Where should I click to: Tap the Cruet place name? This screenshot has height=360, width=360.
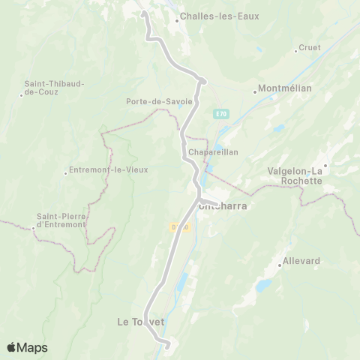[x=310, y=47]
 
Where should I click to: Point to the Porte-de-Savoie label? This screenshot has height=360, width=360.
[x=159, y=101]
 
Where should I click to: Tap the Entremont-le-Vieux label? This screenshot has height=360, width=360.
[x=109, y=169]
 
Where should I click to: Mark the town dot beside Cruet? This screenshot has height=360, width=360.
[x=296, y=50]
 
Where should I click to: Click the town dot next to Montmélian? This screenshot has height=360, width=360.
[x=255, y=92]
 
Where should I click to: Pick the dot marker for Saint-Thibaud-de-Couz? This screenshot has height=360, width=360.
[x=21, y=94]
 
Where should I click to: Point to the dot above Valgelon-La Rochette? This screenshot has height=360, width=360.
[x=325, y=164]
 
